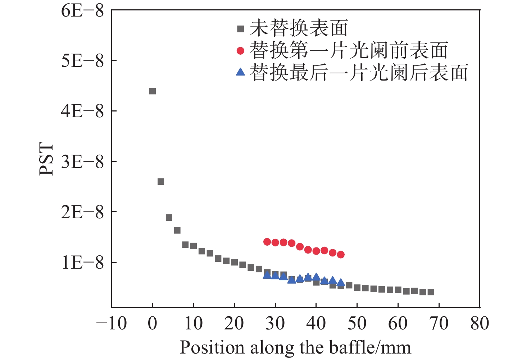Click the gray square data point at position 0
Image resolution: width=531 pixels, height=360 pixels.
[x=153, y=91]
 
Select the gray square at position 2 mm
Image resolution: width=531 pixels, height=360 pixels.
[x=161, y=182]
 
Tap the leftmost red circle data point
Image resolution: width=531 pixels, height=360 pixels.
[x=267, y=242]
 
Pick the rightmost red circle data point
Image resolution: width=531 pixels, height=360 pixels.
[x=341, y=255]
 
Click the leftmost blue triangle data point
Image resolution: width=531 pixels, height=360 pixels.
[x=267, y=275]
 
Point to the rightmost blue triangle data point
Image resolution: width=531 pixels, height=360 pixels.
[x=341, y=283]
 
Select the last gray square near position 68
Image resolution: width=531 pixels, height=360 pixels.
[x=431, y=292]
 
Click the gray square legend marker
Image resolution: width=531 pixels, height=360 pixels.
[x=240, y=29]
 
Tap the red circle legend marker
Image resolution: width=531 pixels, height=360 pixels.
[x=240, y=51]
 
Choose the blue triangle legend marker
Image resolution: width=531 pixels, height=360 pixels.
[x=240, y=72]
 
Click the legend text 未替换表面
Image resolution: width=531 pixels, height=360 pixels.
[x=299, y=28]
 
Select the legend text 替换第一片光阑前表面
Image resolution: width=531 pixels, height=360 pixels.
[x=349, y=50]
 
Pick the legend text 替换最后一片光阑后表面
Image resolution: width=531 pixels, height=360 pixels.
[x=359, y=72]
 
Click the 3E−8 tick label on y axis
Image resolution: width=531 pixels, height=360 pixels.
[x=82, y=161]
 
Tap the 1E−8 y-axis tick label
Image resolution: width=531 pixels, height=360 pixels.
[x=82, y=263]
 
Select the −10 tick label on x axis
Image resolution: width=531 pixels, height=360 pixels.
[x=112, y=323]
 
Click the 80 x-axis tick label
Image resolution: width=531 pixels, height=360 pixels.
[x=480, y=323]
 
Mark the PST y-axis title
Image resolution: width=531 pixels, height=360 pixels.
[x=46, y=159]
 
